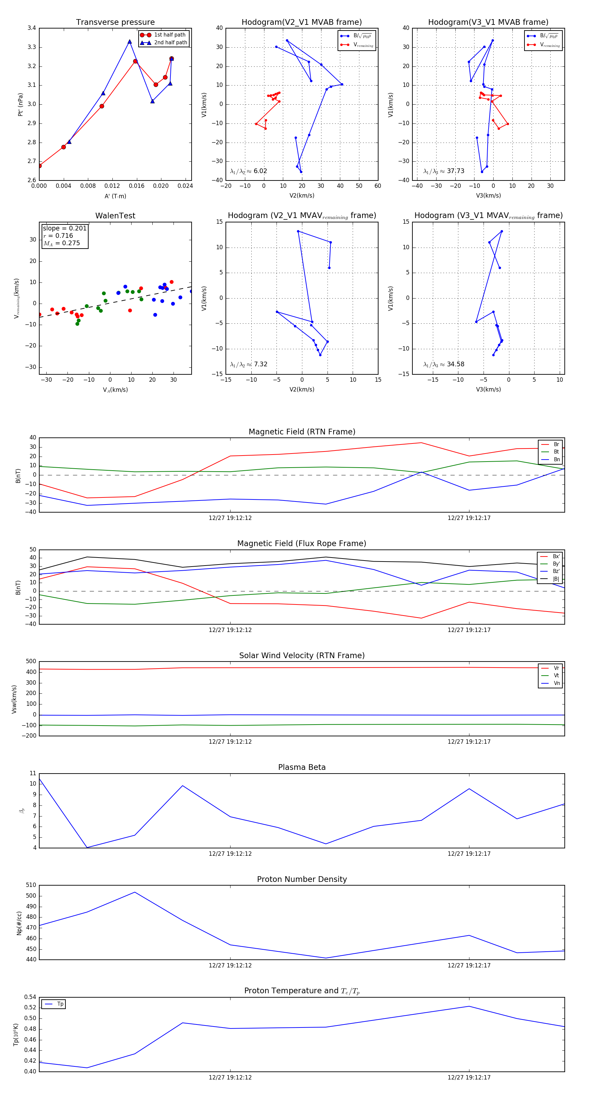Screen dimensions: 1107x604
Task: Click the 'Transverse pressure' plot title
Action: pyautogui.click(x=115, y=22)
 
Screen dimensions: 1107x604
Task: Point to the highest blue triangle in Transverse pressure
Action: pyautogui.click(x=130, y=42)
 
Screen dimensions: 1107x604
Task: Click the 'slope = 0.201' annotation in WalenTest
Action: pyautogui.click(x=64, y=228)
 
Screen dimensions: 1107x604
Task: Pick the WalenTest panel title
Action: pyautogui.click(x=115, y=216)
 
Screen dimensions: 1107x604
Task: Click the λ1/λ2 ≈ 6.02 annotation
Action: pyautogui.click(x=248, y=171)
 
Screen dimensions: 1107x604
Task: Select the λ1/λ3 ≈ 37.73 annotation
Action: pyautogui.click(x=444, y=171)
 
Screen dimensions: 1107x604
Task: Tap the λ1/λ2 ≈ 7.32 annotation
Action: pyautogui.click(x=248, y=364)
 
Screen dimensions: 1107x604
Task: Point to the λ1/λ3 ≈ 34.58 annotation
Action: pyautogui.click(x=444, y=364)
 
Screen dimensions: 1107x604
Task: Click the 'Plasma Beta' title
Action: pyautogui.click(x=302, y=767)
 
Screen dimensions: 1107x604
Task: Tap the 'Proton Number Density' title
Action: pyautogui.click(x=302, y=879)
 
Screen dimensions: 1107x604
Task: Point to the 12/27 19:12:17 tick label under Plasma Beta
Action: pyautogui.click(x=469, y=853)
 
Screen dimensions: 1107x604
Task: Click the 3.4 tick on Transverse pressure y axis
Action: pyautogui.click(x=32, y=28)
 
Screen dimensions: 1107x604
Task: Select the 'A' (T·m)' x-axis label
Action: pyautogui.click(x=115, y=196)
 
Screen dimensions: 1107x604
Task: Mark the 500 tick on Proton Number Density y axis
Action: pyautogui.click(x=31, y=896)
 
